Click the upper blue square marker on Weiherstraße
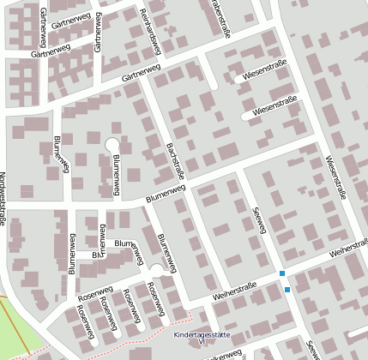(282, 273)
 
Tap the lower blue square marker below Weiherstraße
(287, 290)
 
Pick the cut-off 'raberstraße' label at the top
(221, 19)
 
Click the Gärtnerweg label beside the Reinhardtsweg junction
(142, 77)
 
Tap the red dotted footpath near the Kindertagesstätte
(137, 336)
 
